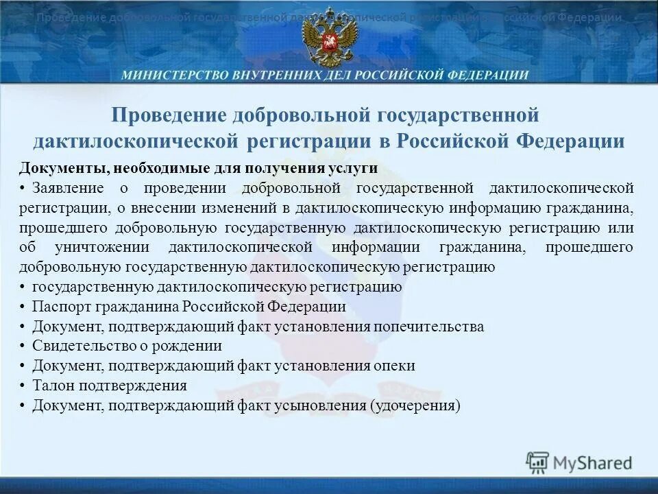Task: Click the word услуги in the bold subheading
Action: coord(356,169)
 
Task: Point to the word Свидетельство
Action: coord(78,346)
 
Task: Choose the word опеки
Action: coord(395,366)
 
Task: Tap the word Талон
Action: coord(50,386)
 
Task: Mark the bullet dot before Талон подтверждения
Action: coord(23,386)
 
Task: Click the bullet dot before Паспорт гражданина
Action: coord(23,307)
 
